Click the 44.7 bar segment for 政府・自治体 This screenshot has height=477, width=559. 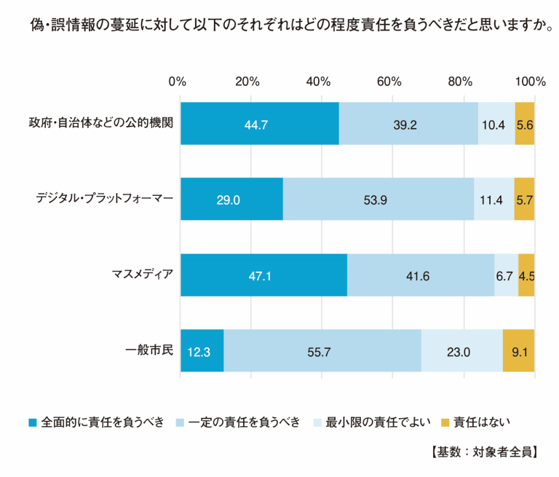[x=259, y=123]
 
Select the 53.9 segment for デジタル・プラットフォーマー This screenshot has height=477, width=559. [x=378, y=199]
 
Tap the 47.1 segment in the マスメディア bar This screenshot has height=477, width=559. [x=263, y=275]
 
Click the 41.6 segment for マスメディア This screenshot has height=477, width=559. [x=421, y=275]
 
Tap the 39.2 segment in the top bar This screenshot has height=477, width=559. [x=408, y=123]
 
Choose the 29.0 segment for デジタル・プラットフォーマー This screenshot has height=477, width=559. [x=231, y=199]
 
